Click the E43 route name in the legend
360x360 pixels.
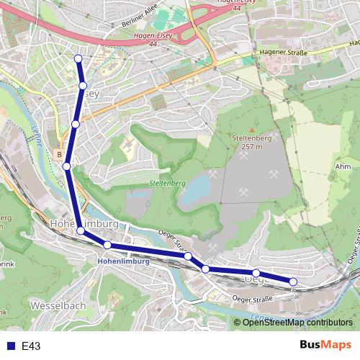(31, 346)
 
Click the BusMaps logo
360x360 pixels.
(320, 346)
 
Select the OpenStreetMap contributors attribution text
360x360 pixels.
(297, 322)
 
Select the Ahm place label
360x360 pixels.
(343, 166)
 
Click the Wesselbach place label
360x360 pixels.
(59, 305)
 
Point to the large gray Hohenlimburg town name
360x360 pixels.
(84, 225)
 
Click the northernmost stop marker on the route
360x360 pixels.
(78, 58)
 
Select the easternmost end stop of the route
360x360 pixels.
(293, 282)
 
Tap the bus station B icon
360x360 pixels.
(58, 154)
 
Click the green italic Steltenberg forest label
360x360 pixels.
(168, 183)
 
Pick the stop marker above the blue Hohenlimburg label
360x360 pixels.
(107, 246)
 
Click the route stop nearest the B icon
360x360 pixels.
(66, 166)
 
